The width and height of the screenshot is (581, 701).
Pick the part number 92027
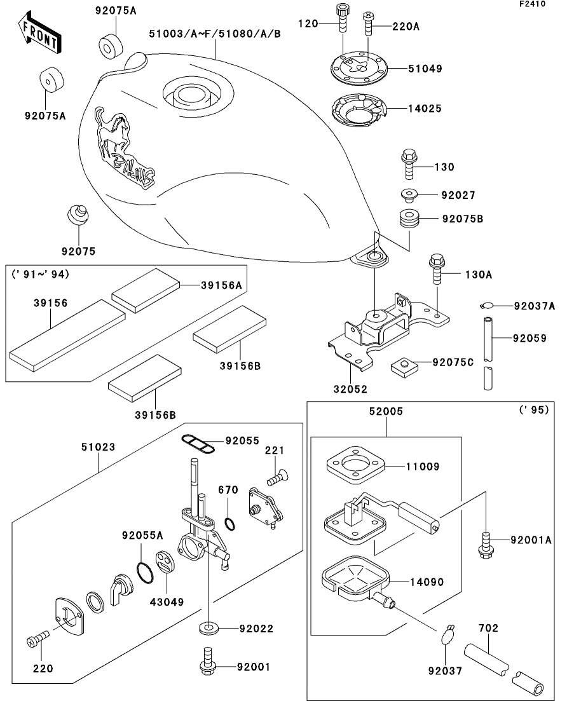click(458, 196)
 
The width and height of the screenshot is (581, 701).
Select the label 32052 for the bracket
click(350, 388)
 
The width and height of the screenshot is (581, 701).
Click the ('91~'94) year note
click(40, 275)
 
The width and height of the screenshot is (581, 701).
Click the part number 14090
click(427, 582)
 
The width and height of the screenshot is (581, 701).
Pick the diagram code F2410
click(550, 4)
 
